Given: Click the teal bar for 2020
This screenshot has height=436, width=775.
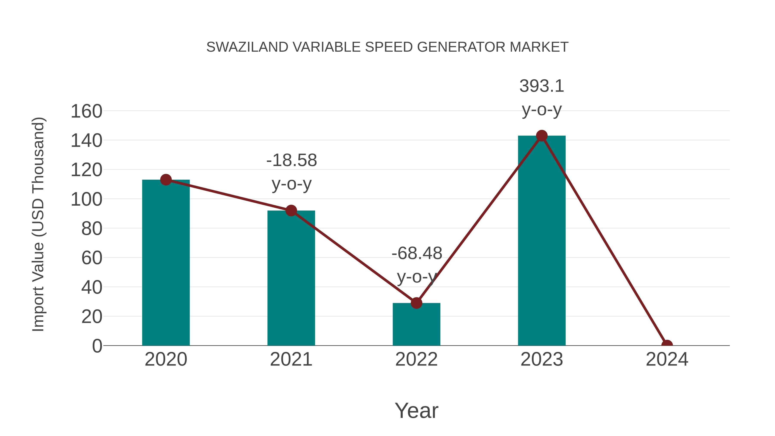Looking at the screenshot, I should pos(166,265).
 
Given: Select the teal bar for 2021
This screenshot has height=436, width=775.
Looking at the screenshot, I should pos(291,280).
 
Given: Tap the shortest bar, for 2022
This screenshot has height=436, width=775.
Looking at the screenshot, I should pos(416,325).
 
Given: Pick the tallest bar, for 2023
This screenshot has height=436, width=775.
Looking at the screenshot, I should pos(542,241).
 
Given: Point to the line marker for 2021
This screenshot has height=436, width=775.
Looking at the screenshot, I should pos(291,211).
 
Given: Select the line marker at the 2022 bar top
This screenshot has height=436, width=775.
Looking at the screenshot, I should pos(416,303).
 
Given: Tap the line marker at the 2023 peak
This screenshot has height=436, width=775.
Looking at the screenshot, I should pos(542,136).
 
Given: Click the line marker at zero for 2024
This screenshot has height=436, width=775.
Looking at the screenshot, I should pos(667,345).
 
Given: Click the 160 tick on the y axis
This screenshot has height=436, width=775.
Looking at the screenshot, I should pos(86,111).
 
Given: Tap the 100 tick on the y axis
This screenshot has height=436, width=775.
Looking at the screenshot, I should pos(86,200).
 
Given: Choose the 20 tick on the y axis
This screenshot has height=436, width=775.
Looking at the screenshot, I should pos(91,317).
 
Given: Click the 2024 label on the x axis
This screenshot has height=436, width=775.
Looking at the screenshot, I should pos(667,359).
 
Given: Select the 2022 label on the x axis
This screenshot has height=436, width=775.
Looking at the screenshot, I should pos(416,359).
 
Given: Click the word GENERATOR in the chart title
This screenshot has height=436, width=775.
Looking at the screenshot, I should pos(462,47).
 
